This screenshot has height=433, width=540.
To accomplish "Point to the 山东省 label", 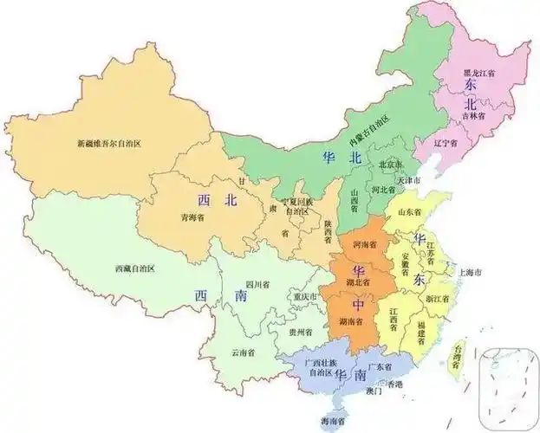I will click(x=408, y=211).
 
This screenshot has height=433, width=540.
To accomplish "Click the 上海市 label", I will click(x=466, y=273).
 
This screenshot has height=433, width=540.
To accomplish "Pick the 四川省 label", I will click(x=257, y=283).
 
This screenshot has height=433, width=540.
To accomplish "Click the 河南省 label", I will click(x=365, y=245).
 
